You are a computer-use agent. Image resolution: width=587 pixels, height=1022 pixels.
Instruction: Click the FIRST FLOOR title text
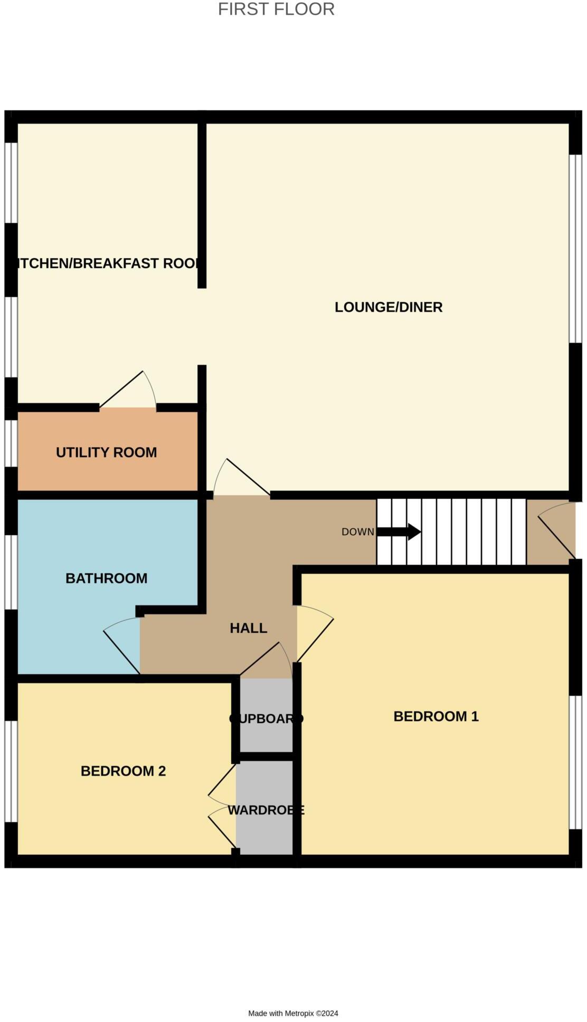pyautogui.click(x=276, y=10)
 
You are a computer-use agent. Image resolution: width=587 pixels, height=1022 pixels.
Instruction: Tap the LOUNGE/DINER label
pyautogui.click(x=389, y=307)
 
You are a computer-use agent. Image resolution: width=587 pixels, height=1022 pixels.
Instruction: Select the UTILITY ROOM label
pyautogui.click(x=106, y=452)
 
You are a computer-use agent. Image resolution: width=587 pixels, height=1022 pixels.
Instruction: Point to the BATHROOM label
pyautogui.click(x=106, y=579)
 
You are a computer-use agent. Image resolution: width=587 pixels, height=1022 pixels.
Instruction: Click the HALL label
pyautogui.click(x=248, y=628)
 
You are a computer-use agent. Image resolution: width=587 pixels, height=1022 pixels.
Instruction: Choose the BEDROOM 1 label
pyautogui.click(x=436, y=716)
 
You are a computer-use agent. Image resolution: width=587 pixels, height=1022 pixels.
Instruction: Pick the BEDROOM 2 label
pyautogui.click(x=123, y=771)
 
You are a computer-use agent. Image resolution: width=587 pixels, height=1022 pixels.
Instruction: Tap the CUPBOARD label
pyautogui.click(x=267, y=719)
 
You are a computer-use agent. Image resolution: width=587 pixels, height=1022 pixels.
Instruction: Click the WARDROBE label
pyautogui.click(x=266, y=810)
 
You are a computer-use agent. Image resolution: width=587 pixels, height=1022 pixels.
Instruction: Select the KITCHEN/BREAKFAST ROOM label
pyautogui.click(x=108, y=263)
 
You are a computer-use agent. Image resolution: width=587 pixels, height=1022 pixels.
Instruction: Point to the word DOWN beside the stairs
pyautogui.click(x=357, y=532)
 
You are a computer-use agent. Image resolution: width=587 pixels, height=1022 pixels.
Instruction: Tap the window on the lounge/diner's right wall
pyautogui.click(x=575, y=249)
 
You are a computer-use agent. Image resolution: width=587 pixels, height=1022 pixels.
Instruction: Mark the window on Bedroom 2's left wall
pyautogui.click(x=11, y=771)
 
